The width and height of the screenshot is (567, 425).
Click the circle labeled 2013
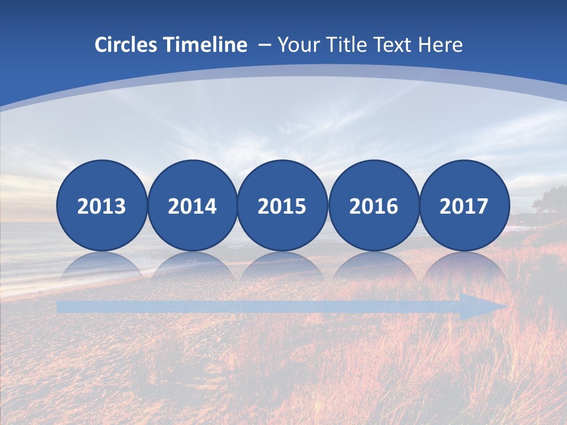102,205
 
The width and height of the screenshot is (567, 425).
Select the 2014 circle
192,205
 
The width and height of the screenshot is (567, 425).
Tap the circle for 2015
282,205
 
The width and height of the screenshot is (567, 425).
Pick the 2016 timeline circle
373,205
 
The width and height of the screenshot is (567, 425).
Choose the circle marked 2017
464,205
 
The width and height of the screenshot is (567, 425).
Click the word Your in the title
296,45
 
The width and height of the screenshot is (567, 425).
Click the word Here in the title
441,45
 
